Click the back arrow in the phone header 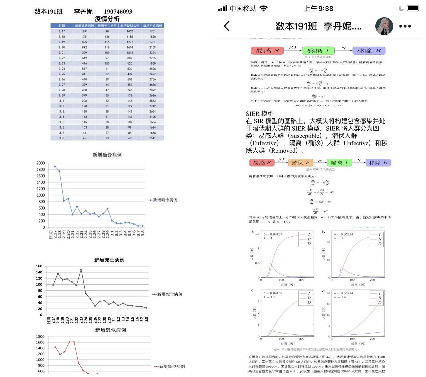point(227,26)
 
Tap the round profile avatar point(384,26)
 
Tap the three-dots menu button point(405,26)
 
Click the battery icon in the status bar point(413,8)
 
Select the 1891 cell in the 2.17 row point(84,31)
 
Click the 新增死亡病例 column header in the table point(107,26)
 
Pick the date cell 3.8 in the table point(62,138)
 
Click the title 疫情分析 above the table point(107,19)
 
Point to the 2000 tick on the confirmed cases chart point(41,163)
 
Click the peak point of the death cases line point(81,270)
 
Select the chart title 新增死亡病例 point(109,260)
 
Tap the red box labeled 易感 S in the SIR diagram point(267,51)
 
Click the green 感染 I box point(318,51)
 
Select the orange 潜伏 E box point(300,163)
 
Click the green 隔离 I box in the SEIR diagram point(339,163)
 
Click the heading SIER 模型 point(259,114)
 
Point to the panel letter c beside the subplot point(252,290)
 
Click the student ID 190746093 point(118,12)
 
